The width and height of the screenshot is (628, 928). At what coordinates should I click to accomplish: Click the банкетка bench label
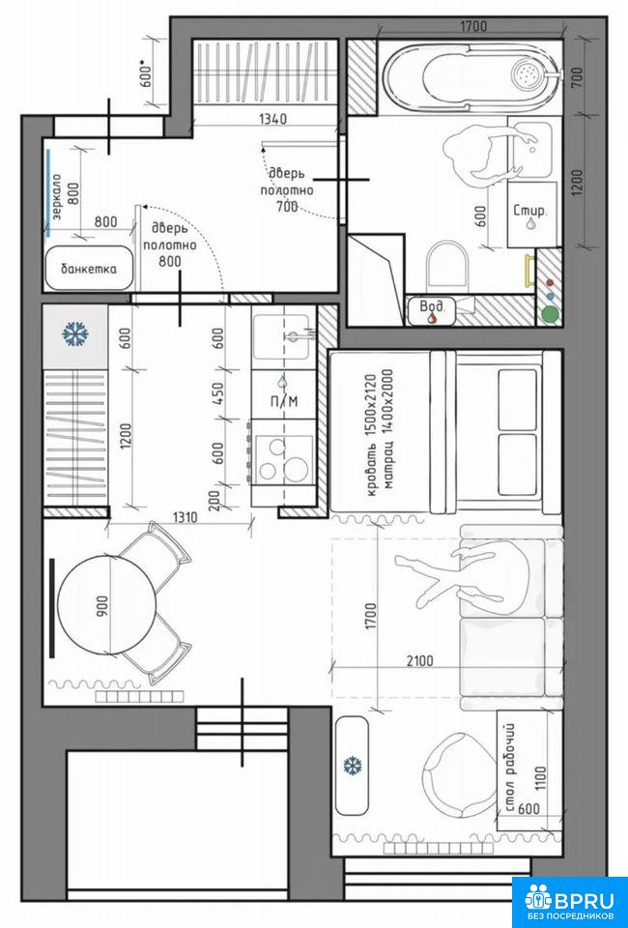tap(89, 269)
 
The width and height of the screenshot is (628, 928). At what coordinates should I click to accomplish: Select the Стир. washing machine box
tap(532, 215)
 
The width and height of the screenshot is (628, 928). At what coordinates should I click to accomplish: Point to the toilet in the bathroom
tap(446, 267)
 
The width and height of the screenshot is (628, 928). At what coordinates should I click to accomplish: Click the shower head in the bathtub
tap(527, 73)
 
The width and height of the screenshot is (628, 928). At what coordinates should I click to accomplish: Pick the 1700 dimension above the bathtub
tap(472, 26)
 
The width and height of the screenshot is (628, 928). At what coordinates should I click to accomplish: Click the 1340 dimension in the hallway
tap(272, 119)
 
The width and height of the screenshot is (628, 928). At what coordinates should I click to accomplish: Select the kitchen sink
tap(281, 336)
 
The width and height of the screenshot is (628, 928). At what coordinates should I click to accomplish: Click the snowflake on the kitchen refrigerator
tap(75, 334)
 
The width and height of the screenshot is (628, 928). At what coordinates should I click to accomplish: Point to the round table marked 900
tap(107, 605)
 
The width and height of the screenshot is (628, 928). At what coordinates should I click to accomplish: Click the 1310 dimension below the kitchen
tap(185, 517)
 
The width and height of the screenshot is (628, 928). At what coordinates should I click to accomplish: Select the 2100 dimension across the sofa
tap(419, 661)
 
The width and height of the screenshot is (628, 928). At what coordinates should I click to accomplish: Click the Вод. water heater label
tap(432, 306)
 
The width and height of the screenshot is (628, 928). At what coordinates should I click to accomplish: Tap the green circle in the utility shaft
tap(551, 314)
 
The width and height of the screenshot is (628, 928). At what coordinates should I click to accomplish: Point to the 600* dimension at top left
tap(147, 72)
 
